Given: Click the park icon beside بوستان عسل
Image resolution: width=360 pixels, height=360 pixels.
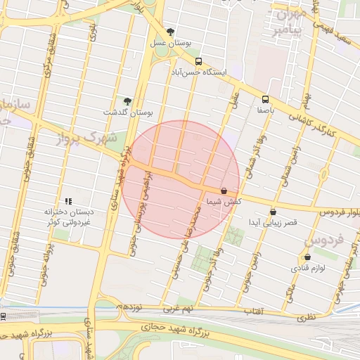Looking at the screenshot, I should [171, 32].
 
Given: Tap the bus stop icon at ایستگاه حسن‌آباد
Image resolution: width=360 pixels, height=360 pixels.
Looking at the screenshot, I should [198, 61].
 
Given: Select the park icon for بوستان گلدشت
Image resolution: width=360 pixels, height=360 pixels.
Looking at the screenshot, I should [127, 101].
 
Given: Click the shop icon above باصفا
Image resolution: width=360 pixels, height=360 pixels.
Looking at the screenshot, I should [265, 99].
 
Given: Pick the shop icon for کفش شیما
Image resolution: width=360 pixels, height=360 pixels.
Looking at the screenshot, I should [224, 191].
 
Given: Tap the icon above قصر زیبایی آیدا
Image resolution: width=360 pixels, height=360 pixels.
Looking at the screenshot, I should [273, 212].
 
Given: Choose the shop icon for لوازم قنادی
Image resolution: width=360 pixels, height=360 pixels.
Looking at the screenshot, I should [307, 257].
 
